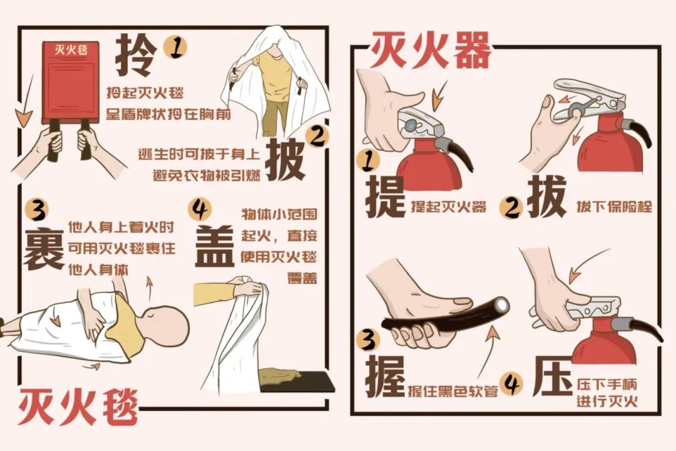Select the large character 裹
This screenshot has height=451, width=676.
click(x=44, y=249)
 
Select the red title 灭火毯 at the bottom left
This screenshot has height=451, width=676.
click(x=78, y=408)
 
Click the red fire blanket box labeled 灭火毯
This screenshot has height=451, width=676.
click(x=70, y=81)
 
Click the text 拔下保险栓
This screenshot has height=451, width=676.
click(x=614, y=206)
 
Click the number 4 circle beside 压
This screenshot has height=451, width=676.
click(x=513, y=385)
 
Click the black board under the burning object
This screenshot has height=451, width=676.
click(x=297, y=381)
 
